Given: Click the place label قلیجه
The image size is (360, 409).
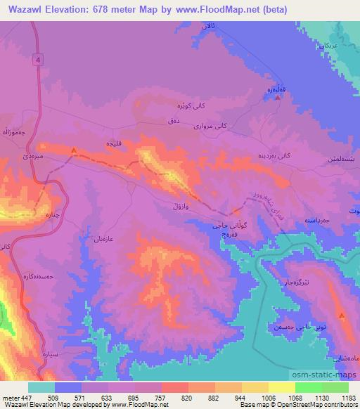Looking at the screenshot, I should pos(115,143).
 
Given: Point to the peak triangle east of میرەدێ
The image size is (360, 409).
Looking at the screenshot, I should pos(75,149).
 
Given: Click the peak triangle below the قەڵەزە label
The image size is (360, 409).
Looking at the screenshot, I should pos(278,98).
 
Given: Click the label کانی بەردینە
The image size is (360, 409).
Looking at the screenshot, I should pos(271,155).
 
